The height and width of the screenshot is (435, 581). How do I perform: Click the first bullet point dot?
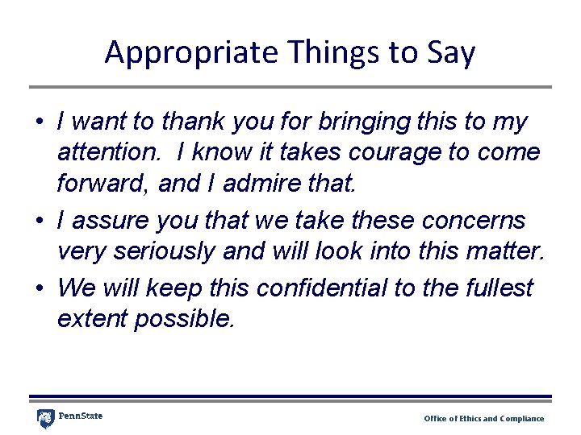(38, 123)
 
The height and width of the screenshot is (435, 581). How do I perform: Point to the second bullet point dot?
(38, 222)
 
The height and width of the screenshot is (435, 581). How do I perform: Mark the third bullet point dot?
(38, 288)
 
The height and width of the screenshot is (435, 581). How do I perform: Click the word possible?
(186, 320)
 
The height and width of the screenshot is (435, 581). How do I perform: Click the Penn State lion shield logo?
(46, 419)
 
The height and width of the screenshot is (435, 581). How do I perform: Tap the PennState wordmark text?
(81, 416)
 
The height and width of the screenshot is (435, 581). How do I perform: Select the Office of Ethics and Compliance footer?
(484, 419)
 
